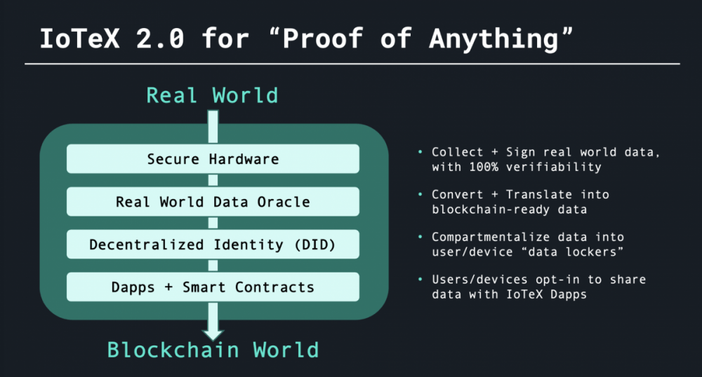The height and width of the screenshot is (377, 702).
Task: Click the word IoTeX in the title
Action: [80, 39]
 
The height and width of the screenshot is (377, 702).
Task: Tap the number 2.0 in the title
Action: [160, 39]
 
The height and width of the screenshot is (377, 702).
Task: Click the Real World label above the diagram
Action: [212, 95]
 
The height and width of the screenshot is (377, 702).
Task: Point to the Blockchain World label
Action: [213, 350]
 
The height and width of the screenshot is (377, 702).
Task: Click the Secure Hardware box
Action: [213, 158]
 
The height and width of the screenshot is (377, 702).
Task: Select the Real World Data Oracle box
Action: [213, 201]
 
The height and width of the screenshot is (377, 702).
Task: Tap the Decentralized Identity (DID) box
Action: [213, 245]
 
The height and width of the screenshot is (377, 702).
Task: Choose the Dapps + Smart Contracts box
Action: [213, 287]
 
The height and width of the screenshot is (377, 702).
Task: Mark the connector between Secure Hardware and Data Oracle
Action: [213, 180]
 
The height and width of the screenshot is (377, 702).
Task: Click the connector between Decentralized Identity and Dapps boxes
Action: [213, 266]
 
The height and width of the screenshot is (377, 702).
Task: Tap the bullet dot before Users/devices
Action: [420, 279]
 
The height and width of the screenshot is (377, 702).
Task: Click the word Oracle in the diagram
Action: [284, 202]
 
